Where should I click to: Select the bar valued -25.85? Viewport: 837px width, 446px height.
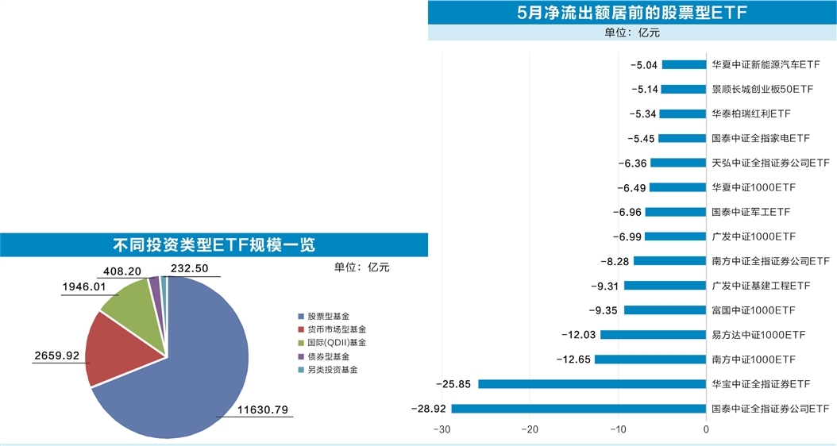pyautogui.click(x=592, y=384)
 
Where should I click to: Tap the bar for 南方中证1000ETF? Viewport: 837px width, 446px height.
pyautogui.click(x=650, y=359)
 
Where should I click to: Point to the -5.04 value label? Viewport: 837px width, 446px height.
pyautogui.click(x=643, y=65)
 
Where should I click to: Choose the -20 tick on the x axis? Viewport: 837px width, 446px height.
pyautogui.click(x=530, y=430)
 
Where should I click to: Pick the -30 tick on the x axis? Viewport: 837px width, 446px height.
pyautogui.click(x=442, y=430)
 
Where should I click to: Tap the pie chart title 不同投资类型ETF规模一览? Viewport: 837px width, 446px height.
pyautogui.click(x=214, y=244)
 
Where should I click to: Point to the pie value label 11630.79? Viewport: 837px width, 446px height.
pyautogui.click(x=262, y=410)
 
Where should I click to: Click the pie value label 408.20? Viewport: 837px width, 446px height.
pyautogui.click(x=122, y=271)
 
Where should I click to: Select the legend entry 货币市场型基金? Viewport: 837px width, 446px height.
pyautogui.click(x=337, y=329)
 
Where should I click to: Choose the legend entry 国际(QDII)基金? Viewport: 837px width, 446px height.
pyautogui.click(x=337, y=342)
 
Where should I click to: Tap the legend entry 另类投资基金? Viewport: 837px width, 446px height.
pyautogui.click(x=333, y=370)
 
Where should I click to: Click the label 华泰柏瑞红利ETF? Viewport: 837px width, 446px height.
pyautogui.click(x=750, y=114)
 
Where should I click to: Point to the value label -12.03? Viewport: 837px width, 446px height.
pyautogui.click(x=578, y=335)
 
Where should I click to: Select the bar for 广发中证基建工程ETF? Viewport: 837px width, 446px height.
pyautogui.click(x=665, y=286)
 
